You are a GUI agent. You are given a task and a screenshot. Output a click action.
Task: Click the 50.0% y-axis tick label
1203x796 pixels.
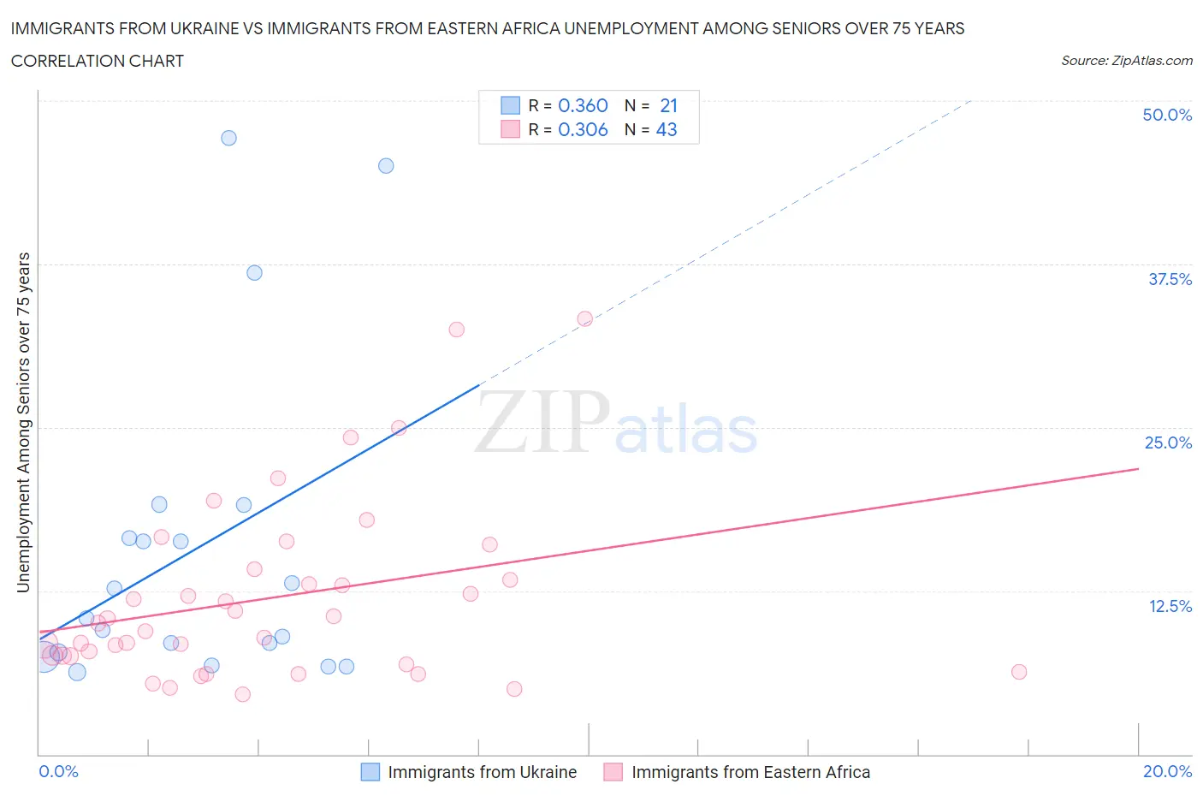[x=1166, y=115]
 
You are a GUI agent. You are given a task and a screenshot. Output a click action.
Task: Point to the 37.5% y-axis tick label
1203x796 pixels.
[x=1169, y=279]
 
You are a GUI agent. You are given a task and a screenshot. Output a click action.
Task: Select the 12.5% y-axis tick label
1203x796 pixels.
[x=1169, y=606]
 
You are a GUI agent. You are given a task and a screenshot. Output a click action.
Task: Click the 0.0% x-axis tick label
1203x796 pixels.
[x=58, y=771]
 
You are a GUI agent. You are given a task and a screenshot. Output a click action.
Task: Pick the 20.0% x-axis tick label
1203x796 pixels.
[x=1166, y=771]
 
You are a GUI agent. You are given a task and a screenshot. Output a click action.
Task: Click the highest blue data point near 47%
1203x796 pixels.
[x=228, y=138]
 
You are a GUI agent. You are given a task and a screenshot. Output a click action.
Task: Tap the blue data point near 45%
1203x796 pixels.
[x=386, y=166]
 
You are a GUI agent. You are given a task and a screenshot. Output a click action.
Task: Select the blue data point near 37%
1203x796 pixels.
[x=254, y=273]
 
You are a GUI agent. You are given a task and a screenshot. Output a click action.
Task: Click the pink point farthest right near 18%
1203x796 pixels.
[x=1018, y=672]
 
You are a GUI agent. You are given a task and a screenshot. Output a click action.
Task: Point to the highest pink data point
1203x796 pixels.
[x=584, y=318]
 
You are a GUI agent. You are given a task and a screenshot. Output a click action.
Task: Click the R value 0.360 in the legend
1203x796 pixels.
[x=583, y=105]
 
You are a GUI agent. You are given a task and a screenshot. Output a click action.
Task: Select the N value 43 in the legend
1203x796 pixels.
[x=666, y=129]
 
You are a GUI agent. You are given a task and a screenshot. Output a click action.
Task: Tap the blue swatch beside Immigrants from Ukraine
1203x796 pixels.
[x=370, y=772]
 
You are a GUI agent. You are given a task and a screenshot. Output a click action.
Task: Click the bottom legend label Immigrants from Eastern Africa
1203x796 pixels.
[x=750, y=772]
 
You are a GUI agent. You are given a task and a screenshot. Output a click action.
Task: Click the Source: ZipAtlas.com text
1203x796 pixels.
[x=1126, y=61]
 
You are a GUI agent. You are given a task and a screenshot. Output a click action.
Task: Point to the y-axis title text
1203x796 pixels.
[x=24, y=423]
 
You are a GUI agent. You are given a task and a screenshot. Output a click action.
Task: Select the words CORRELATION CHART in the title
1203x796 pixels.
[x=98, y=61]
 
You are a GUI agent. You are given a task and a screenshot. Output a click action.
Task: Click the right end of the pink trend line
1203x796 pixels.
[x=1138, y=469]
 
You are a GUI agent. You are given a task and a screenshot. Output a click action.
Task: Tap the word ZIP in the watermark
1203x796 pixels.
[x=542, y=422]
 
